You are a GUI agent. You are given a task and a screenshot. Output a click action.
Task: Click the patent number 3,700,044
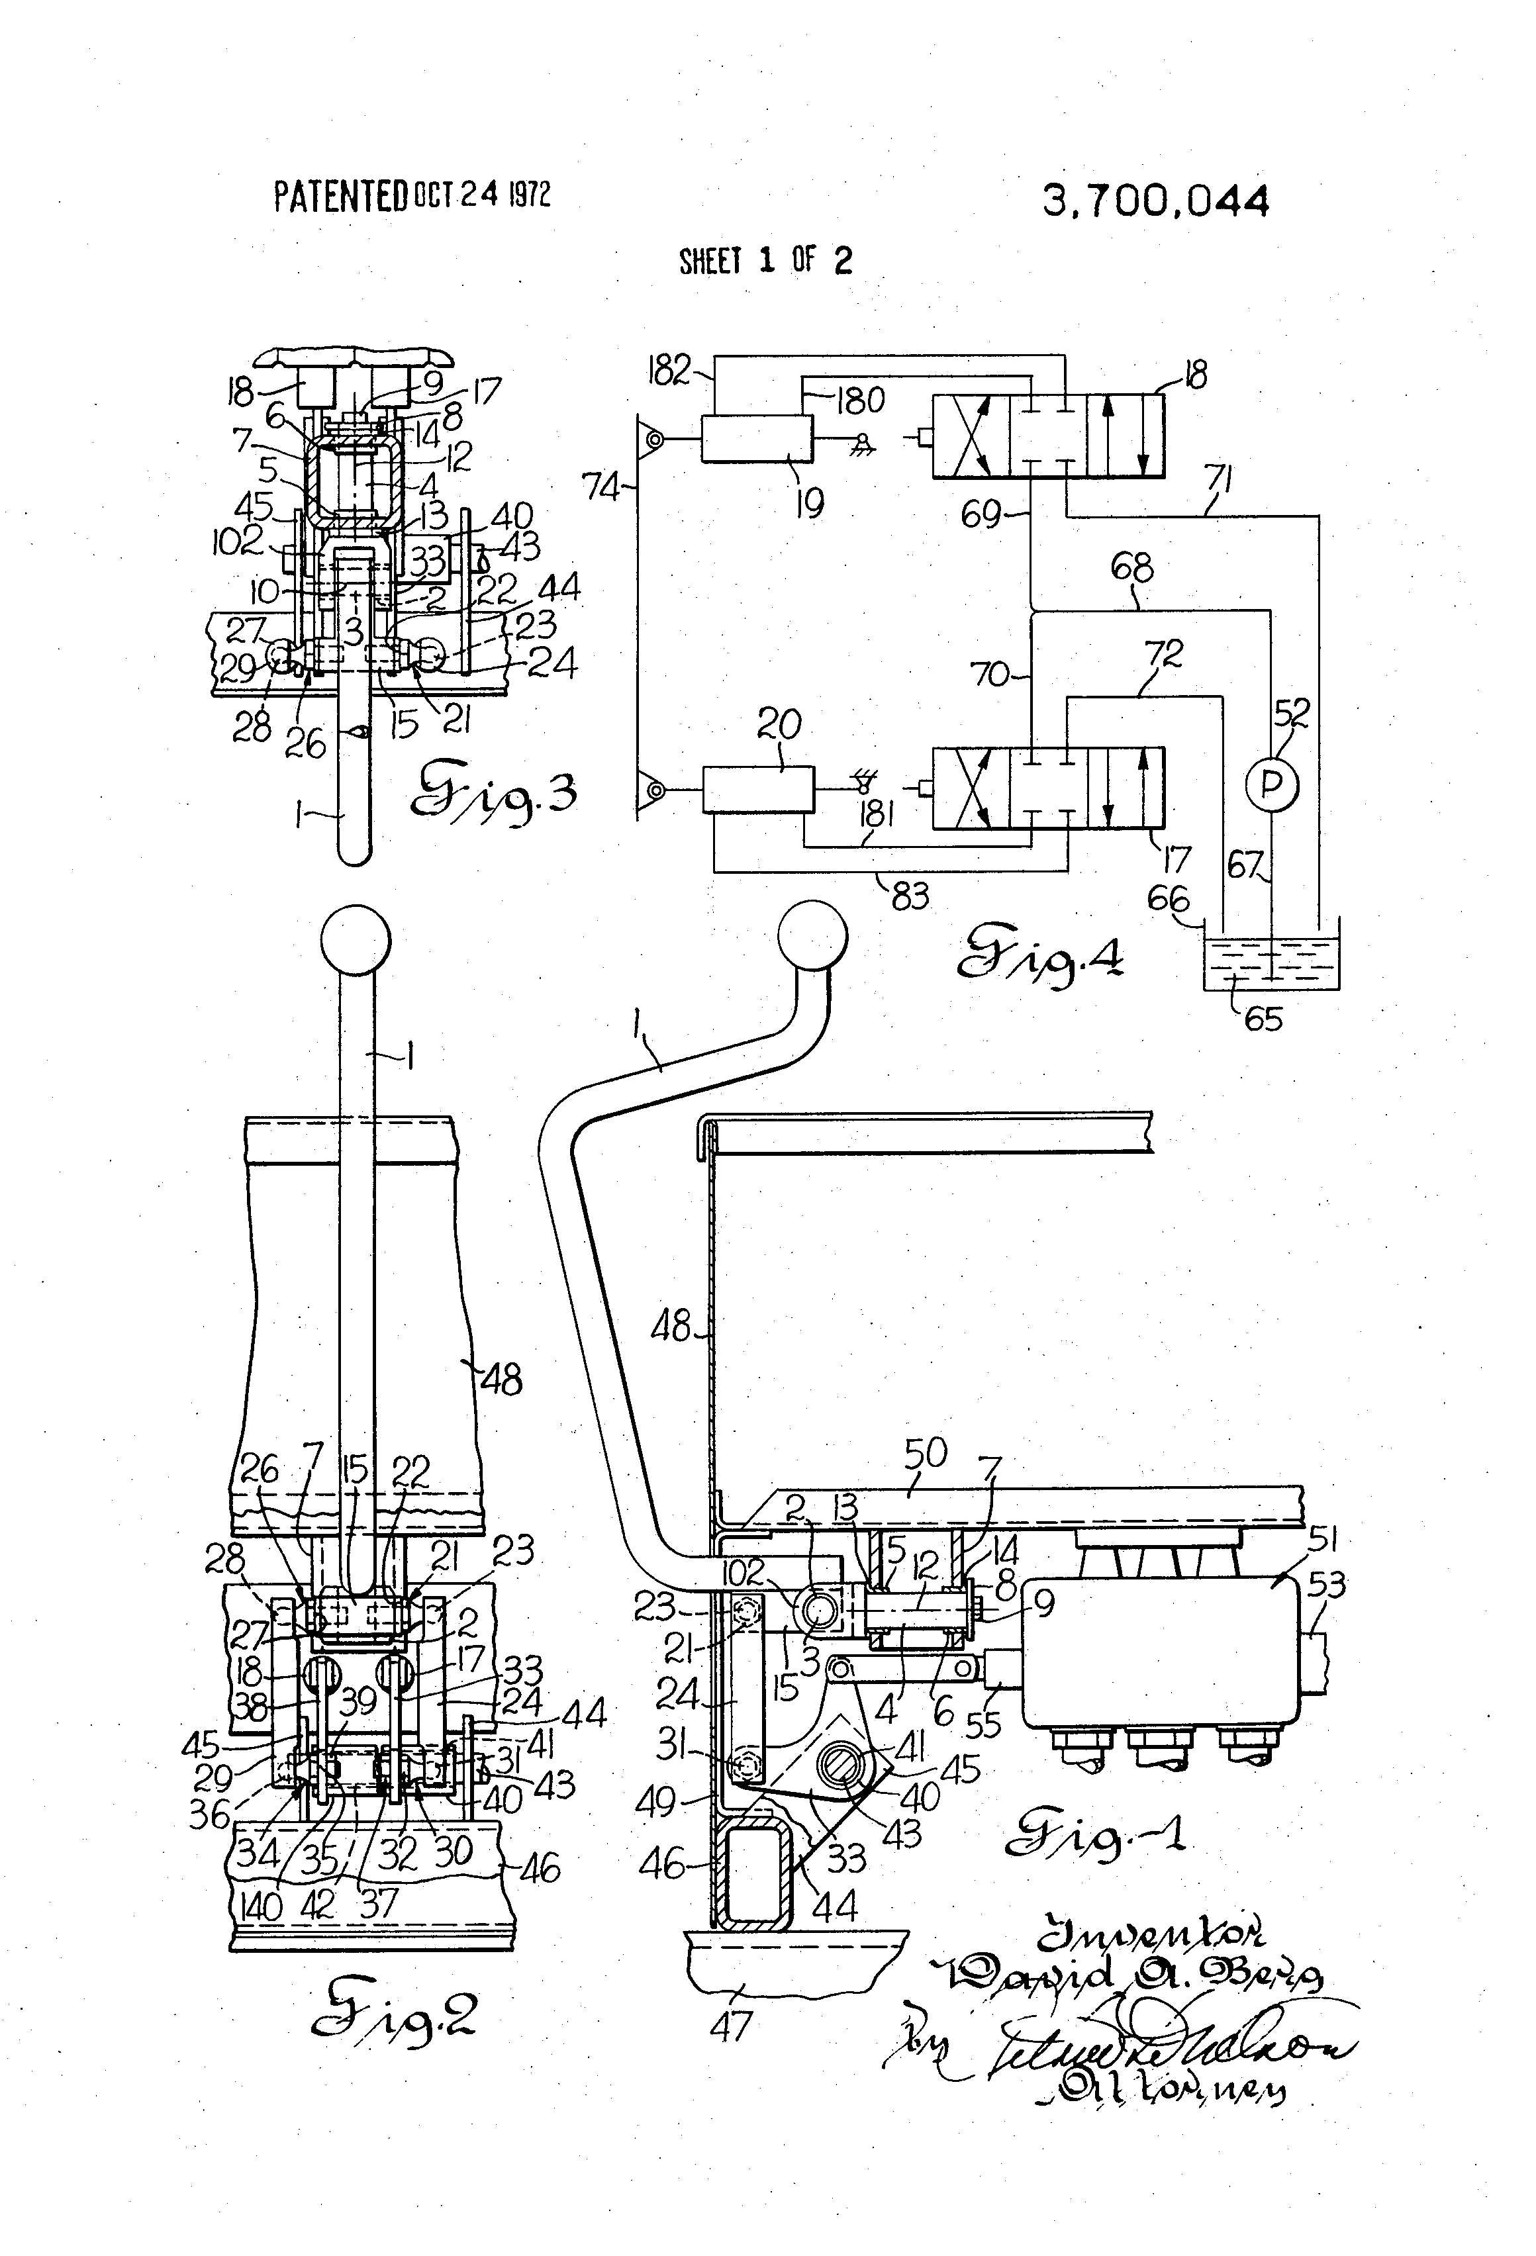click(x=1155, y=202)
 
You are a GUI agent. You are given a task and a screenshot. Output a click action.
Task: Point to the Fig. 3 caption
click(x=493, y=794)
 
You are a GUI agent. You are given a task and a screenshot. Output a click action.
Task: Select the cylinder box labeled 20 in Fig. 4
click(x=757, y=788)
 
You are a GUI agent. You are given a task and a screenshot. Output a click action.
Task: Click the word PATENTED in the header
click(x=340, y=197)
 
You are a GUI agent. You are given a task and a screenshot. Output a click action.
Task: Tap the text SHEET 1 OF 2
click(x=765, y=260)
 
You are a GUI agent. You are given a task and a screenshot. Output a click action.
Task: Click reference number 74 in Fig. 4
click(x=601, y=487)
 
